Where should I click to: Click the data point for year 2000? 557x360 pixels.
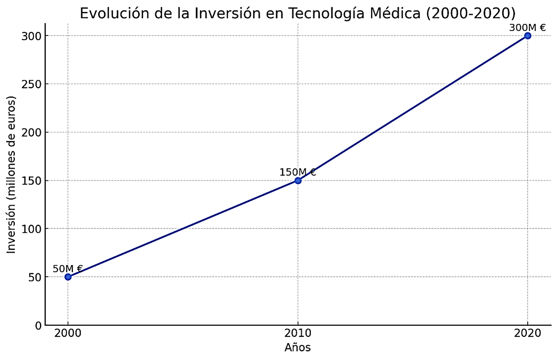(x=68, y=277)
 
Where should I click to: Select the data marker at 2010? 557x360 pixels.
(x=298, y=180)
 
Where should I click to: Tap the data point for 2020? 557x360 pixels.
(x=527, y=36)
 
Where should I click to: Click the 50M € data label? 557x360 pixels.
(x=68, y=269)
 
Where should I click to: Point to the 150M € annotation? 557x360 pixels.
(x=297, y=173)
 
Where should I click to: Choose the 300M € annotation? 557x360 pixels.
(x=527, y=28)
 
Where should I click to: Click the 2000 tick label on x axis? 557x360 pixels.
(x=68, y=334)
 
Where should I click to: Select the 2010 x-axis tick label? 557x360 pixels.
(x=298, y=334)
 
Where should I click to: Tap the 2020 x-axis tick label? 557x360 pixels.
(x=527, y=334)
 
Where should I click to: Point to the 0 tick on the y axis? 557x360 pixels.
(x=37, y=326)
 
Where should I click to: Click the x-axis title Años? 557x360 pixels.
(x=297, y=348)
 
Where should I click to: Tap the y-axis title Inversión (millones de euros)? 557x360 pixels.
(x=12, y=175)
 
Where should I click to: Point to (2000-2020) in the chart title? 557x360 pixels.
(x=471, y=13)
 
